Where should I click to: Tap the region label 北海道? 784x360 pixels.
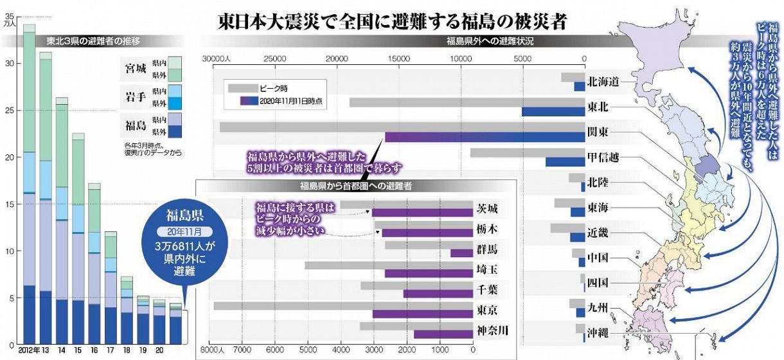coord(603,82)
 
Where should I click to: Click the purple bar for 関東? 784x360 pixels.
coord(485,137)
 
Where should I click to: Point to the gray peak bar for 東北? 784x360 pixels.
coord(435,102)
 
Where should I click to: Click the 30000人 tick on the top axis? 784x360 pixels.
coord(215,59)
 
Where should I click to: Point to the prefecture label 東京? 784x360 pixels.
coord(486,310)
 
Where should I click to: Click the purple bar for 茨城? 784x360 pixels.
coord(422,213)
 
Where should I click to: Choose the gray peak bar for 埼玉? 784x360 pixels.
coord(389,265)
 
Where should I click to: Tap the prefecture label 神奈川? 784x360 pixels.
coord(492,330)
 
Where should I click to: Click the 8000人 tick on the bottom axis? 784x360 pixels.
coord(211,350)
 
